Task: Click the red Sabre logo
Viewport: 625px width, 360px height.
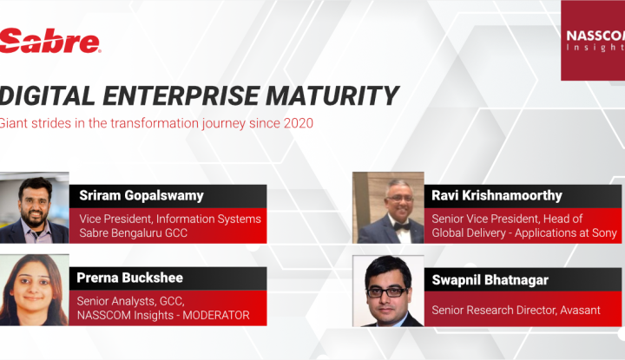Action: point(49,40)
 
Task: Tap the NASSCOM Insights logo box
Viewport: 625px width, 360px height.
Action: point(593,40)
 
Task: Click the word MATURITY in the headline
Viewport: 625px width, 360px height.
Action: point(332,96)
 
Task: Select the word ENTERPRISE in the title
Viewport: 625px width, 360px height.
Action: point(181,96)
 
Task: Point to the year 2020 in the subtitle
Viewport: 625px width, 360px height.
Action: point(299,123)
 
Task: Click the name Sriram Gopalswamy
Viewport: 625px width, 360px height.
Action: point(141,195)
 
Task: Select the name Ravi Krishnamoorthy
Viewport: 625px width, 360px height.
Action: point(497,195)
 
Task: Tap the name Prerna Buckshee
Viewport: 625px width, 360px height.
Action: point(130,278)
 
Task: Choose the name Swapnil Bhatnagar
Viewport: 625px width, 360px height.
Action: point(490,280)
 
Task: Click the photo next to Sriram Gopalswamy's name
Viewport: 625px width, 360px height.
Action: point(34,207)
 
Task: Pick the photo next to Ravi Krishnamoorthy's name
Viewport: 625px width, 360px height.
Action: point(388,207)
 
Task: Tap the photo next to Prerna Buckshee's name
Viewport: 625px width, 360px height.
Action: point(34,290)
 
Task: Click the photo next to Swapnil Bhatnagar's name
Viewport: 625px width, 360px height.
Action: point(388,291)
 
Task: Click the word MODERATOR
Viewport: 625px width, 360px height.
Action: point(216,315)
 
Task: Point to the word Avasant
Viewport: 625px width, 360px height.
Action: point(581,311)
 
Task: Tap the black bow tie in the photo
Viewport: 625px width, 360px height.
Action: point(402,226)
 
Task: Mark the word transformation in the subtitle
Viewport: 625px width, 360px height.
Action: point(155,123)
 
